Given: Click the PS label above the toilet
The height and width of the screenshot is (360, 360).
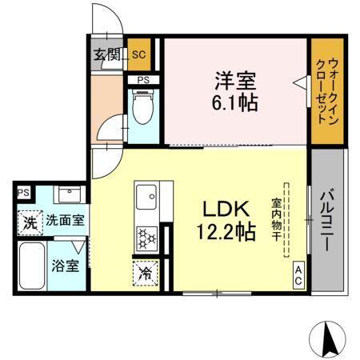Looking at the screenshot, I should point(143,80).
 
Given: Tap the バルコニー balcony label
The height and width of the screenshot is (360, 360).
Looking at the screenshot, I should point(328,220).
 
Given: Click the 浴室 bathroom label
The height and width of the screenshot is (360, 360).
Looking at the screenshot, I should point(65,266).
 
